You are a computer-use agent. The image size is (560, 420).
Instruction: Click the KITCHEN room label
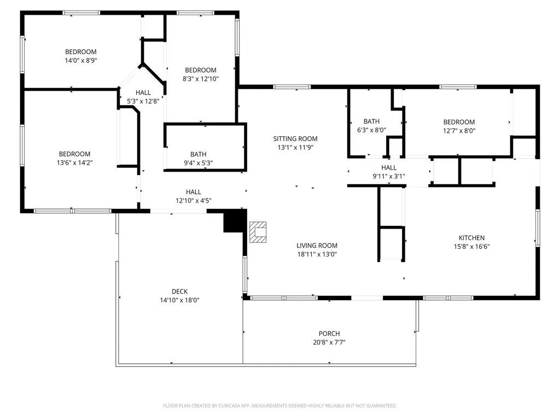tap(471, 238)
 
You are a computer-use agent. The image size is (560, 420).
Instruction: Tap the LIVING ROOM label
tap(317, 246)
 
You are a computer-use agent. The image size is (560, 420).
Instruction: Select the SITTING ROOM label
tap(295, 139)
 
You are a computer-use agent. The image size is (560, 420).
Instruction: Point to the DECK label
tap(179, 292)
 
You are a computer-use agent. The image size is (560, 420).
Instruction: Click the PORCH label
tap(329, 334)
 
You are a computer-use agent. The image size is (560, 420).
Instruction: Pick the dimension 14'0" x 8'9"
tap(81, 61)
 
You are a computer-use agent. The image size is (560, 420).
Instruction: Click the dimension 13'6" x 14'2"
tap(74, 163)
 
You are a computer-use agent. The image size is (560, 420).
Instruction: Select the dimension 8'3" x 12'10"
tap(201, 79)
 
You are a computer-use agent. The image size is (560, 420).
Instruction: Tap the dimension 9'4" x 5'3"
tap(198, 163)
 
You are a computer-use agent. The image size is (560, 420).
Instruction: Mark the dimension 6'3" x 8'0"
tap(371, 130)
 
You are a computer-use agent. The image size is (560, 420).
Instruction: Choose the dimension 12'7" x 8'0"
tap(459, 131)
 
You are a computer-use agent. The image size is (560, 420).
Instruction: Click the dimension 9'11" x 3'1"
tap(389, 177)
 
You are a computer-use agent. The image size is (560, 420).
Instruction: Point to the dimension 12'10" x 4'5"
tap(193, 201)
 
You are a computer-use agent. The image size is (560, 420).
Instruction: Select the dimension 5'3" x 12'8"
tap(143, 101)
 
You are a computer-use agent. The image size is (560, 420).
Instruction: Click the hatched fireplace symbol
tap(258, 232)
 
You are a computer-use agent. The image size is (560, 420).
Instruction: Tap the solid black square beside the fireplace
tap(234, 221)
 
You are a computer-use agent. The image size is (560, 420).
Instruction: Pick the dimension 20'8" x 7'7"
tap(329, 342)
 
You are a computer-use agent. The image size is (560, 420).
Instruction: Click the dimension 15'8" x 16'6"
tap(471, 247)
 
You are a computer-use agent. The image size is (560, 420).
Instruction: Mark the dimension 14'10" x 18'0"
tap(179, 300)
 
